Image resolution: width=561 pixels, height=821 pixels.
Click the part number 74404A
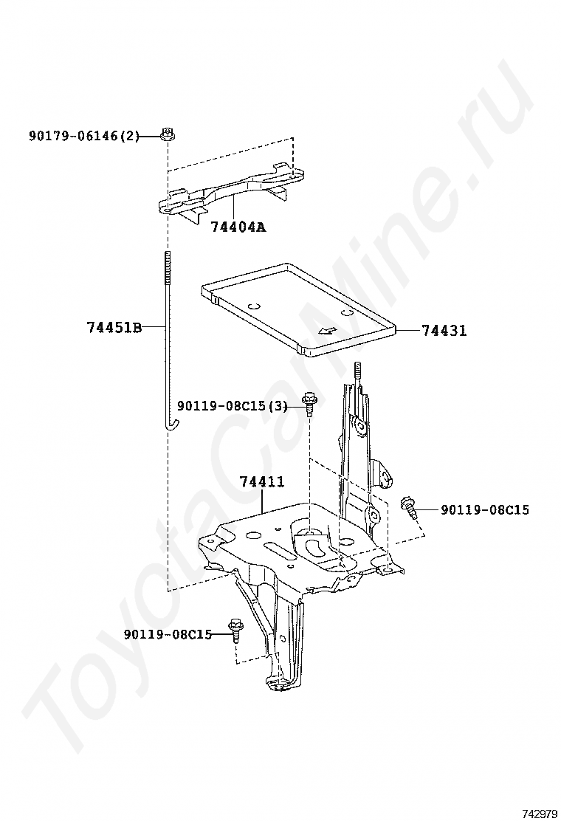click(238, 227)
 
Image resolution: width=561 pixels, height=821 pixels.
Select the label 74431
click(444, 331)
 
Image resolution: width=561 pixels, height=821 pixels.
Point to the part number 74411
click(262, 482)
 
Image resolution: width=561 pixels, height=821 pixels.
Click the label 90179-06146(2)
click(84, 136)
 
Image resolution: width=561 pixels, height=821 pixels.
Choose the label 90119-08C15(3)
click(232, 405)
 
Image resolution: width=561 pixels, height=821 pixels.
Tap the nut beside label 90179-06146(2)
click(168, 134)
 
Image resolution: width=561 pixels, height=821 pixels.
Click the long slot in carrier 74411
click(275, 549)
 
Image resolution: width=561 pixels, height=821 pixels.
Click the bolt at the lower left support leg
click(236, 629)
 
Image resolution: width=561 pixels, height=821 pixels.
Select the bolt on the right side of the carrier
click(410, 507)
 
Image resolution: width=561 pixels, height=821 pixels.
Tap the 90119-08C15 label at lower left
click(168, 634)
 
